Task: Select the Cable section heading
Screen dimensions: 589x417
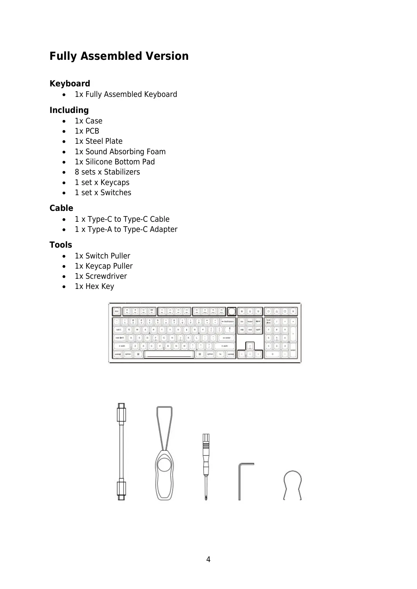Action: click(x=61, y=208)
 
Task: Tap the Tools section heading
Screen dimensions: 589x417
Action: click(x=61, y=245)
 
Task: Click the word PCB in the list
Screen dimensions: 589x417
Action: click(x=92, y=131)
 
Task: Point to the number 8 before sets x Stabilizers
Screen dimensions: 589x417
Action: click(x=77, y=172)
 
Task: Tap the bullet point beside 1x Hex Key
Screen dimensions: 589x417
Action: click(x=63, y=286)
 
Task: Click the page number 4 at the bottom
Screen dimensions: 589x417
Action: click(x=208, y=559)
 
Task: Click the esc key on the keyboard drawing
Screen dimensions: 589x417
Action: click(x=116, y=311)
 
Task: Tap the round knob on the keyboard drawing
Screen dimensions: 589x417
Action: click(x=231, y=311)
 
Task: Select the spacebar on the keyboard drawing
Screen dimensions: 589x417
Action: click(x=169, y=354)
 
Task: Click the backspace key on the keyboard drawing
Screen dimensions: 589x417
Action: click(x=228, y=321)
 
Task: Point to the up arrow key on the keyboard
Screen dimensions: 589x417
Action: click(x=250, y=346)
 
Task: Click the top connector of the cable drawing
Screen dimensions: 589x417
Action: click(x=121, y=412)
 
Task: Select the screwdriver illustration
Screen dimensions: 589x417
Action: click(x=206, y=467)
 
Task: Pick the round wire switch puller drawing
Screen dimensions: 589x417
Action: click(x=292, y=484)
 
